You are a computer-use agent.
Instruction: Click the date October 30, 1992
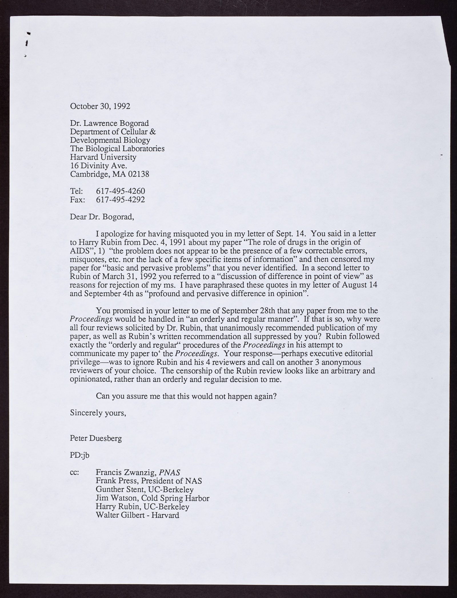[x=100, y=107]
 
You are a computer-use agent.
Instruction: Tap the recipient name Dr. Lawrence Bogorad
[x=109, y=123]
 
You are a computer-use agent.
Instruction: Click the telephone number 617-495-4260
[x=121, y=191]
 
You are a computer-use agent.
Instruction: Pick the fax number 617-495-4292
[x=121, y=199]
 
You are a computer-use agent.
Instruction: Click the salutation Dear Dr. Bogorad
[x=102, y=216]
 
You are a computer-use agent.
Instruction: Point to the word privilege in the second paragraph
[x=85, y=362]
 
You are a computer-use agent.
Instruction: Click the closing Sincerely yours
[x=98, y=413]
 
